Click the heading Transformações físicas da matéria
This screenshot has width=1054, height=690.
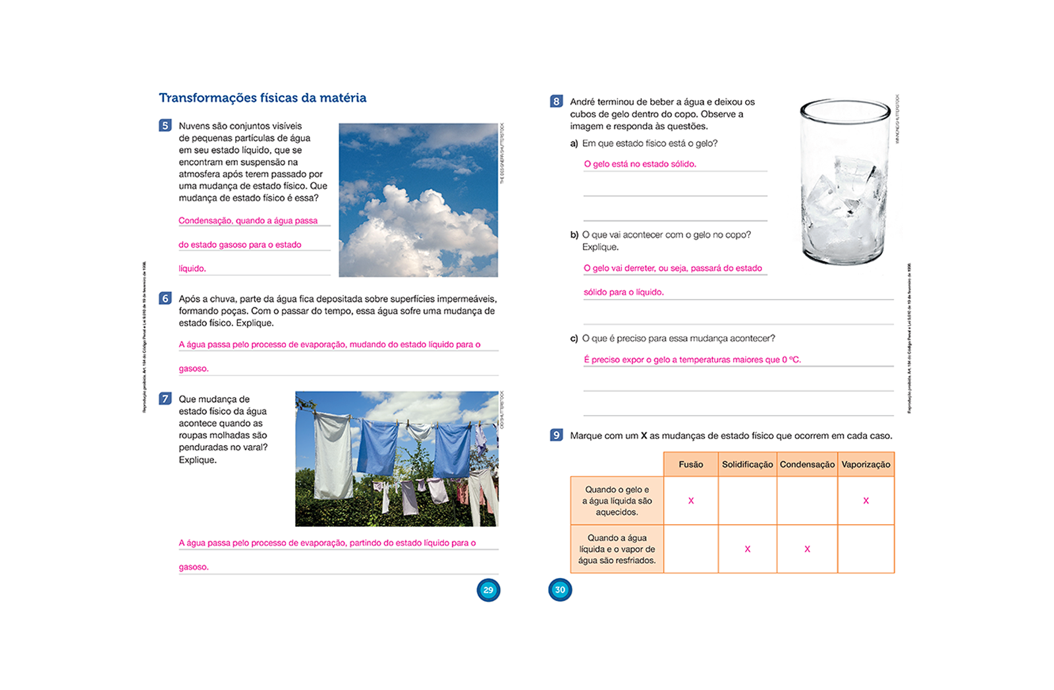pos(262,98)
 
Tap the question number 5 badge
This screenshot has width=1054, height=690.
pos(165,125)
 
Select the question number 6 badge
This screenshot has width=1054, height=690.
pos(165,298)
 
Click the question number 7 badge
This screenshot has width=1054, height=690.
pos(165,398)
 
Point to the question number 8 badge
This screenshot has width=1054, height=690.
pos(556,101)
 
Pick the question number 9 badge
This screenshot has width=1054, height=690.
pos(556,435)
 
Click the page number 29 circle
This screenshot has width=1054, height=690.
pos(488,590)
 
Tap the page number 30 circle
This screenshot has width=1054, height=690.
pos(560,590)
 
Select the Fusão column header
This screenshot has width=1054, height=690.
pos(690,464)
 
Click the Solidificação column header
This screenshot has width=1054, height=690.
pos(747,464)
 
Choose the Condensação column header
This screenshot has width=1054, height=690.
pos(807,464)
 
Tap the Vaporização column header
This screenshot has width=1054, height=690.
pos(866,464)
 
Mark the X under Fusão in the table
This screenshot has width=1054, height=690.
pos(691,501)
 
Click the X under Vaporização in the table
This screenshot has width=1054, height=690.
pos(866,501)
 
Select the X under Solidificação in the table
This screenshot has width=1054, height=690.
pos(747,549)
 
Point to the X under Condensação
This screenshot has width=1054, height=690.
pos(807,549)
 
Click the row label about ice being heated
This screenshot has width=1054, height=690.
pos(617,501)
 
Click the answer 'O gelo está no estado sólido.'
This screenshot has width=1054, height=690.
pos(640,164)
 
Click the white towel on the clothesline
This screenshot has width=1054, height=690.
pos(333,454)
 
